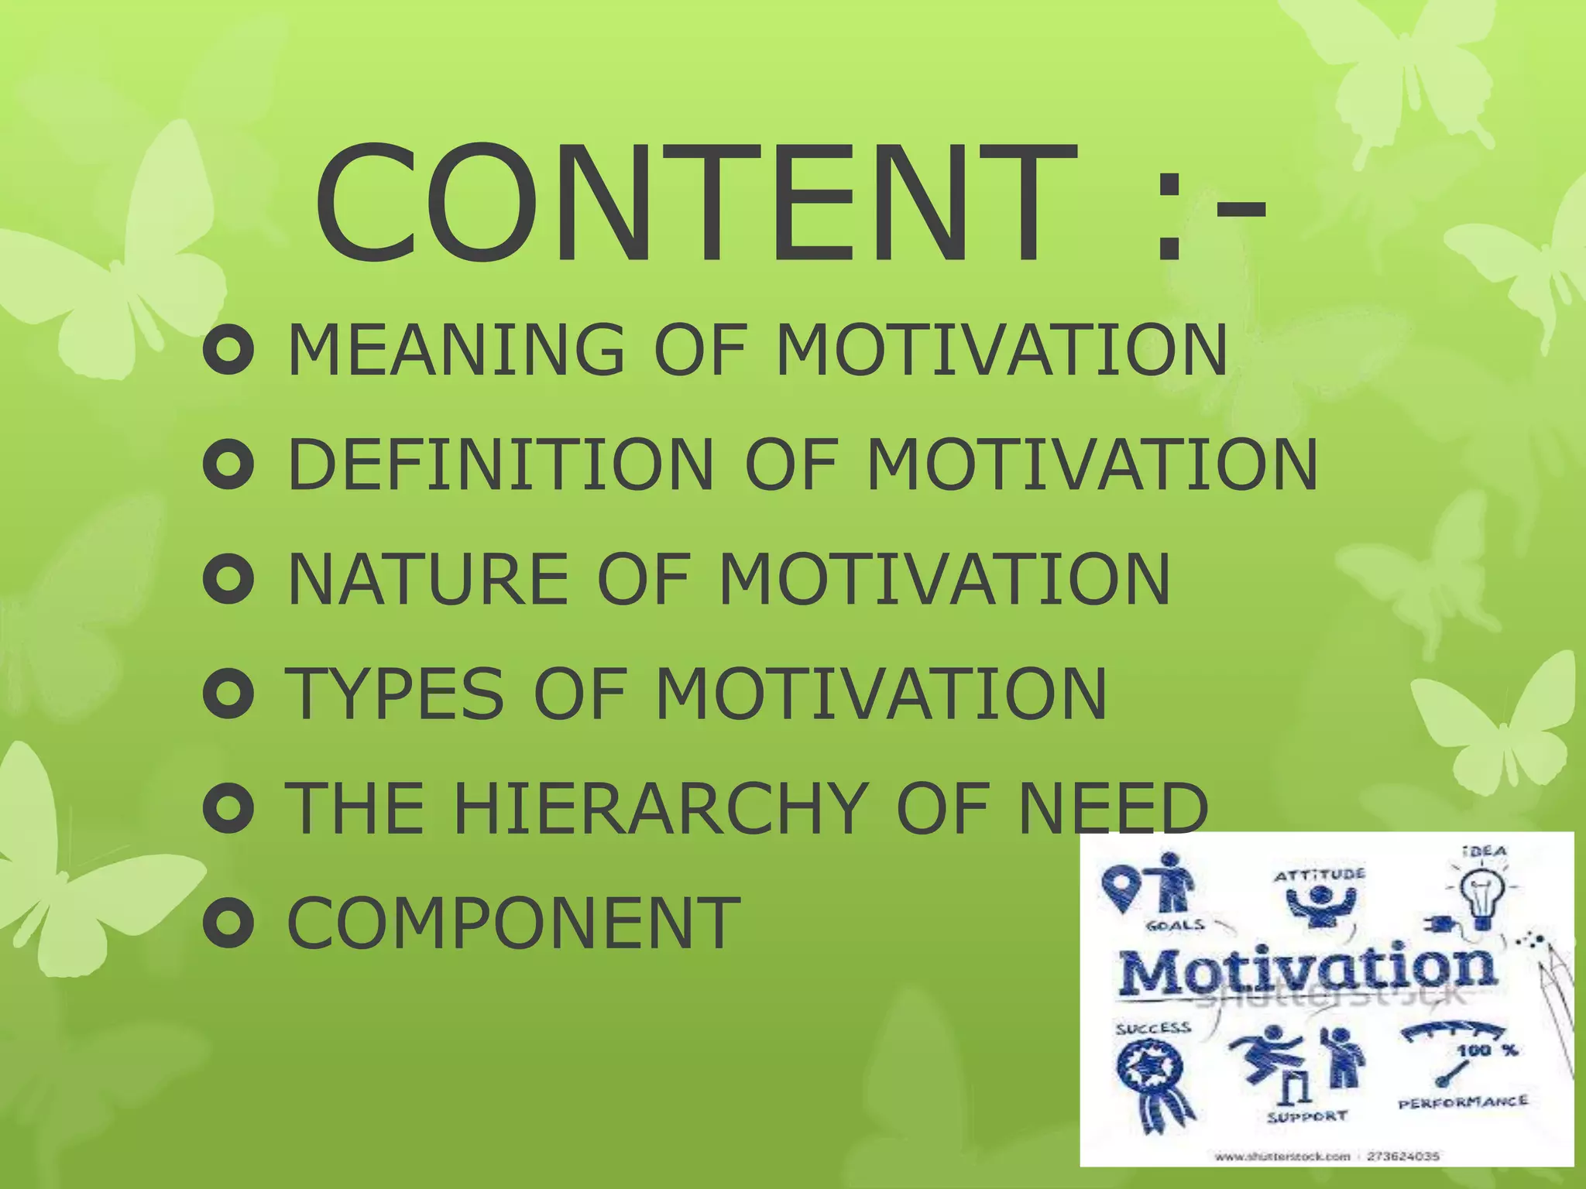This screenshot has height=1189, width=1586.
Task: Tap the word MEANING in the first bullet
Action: (455, 350)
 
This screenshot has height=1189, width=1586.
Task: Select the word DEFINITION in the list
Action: (500, 464)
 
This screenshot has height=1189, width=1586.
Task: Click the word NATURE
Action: (428, 579)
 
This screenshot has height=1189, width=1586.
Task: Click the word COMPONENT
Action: (513, 922)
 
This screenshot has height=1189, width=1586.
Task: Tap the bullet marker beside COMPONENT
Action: (228, 922)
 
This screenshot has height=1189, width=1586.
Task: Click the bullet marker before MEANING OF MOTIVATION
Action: (228, 351)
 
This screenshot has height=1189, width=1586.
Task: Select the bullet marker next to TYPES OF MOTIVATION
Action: (228, 694)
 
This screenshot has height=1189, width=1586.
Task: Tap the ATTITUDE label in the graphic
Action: (1320, 875)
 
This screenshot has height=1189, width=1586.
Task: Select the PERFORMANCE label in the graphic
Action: (1463, 1102)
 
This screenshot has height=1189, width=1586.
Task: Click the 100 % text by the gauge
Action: (1488, 1050)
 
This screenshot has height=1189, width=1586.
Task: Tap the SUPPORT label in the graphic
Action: (1307, 1116)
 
